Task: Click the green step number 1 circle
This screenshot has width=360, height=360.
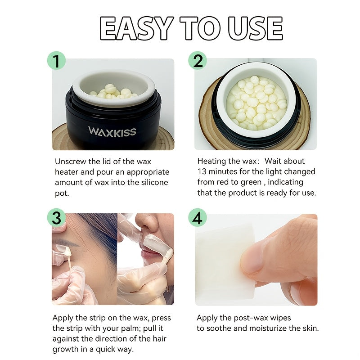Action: [57, 61]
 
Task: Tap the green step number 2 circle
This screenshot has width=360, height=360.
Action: [198, 61]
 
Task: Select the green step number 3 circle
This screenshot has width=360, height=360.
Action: [57, 218]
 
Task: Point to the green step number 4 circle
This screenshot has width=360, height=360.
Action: [198, 218]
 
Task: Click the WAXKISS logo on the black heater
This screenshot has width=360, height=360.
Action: [112, 131]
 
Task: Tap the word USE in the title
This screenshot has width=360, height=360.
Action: [255, 28]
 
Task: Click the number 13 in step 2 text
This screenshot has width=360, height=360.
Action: [202, 172]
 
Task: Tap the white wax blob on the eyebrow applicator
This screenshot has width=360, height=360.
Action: [67, 252]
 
